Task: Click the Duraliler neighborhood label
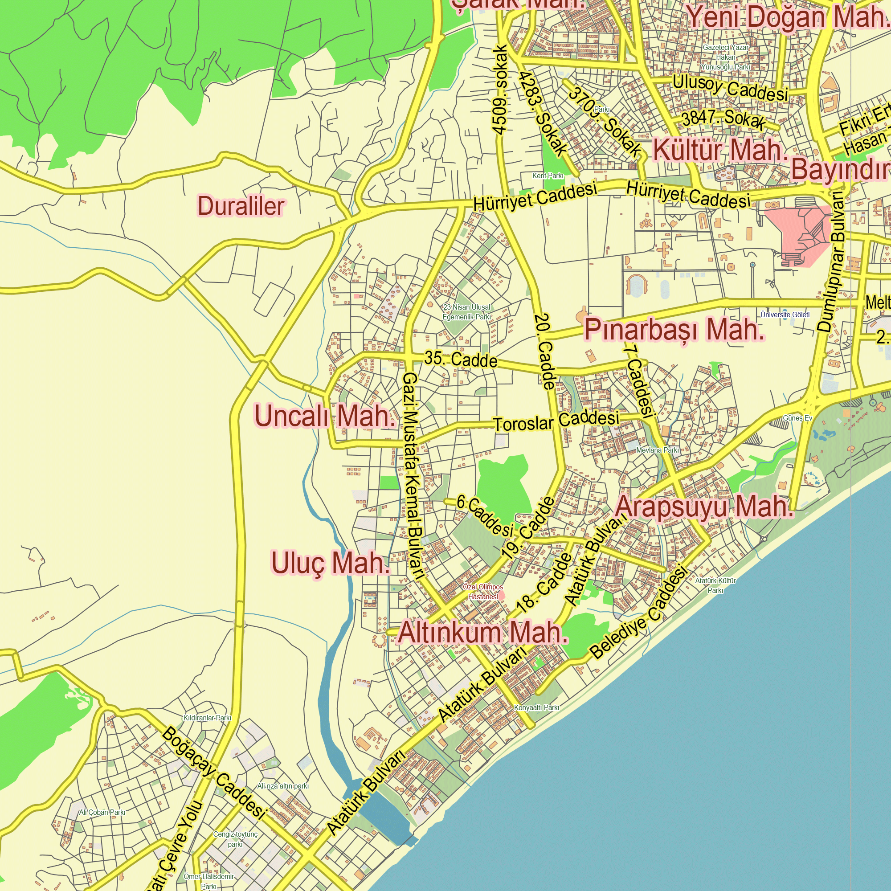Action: coord(241,206)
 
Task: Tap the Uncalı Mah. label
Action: coord(325,416)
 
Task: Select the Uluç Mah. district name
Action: coord(330,563)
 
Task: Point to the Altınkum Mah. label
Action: coord(482,633)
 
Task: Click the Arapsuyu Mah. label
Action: coord(704,507)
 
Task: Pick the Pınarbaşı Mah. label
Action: coord(674,330)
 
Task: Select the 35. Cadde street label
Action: coord(461,359)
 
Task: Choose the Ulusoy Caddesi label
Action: coord(730,88)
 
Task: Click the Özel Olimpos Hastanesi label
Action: coord(483,592)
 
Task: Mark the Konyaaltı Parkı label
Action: coord(536,707)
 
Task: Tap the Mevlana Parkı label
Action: coord(657,450)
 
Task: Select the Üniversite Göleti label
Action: coord(785,315)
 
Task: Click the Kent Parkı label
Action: coord(548,176)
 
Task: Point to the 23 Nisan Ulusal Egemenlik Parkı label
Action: coord(466,312)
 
